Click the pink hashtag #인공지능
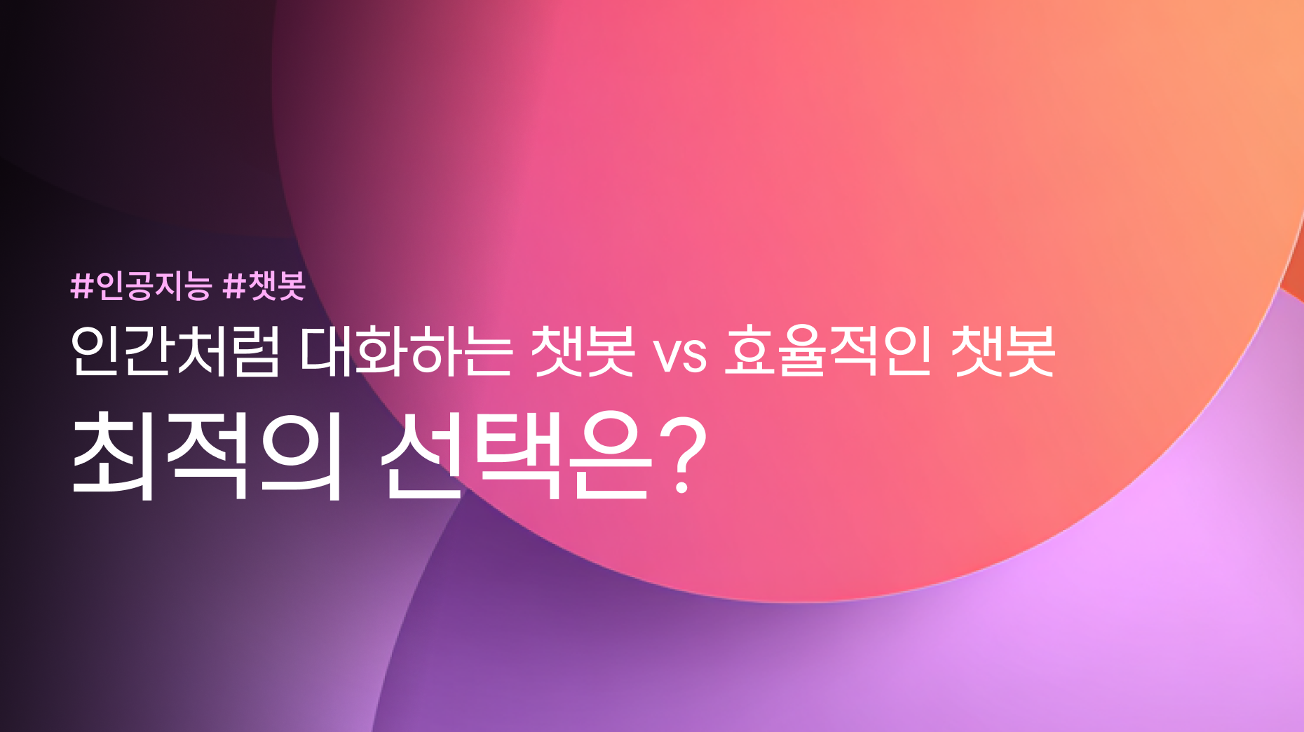tap(140, 285)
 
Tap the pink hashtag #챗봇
tap(264, 285)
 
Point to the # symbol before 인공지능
tap(82, 286)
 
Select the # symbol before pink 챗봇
tap(233, 286)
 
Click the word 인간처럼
tap(175, 351)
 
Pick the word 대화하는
tap(406, 351)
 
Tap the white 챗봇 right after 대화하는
tap(583, 351)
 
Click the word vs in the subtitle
tap(679, 355)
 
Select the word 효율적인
tap(827, 351)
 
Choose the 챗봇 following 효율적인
tap(1003, 351)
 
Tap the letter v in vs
tap(666, 355)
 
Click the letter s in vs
tap(694, 355)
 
